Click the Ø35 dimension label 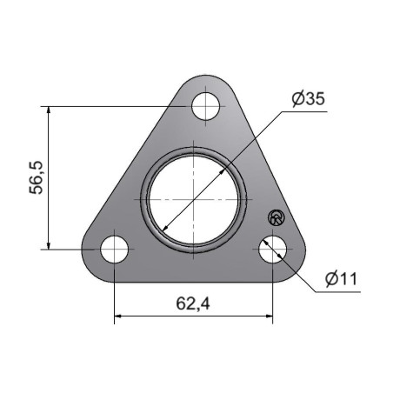pos(309,99)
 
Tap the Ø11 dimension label pos(341,279)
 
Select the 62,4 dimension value pos(193,303)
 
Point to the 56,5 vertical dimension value pos(37,177)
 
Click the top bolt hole pos(205,106)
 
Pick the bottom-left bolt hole pos(115,250)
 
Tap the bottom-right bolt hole pos(272,250)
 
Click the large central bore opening pos(193,200)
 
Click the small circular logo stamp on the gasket pos(276,217)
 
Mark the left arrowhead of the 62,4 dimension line pos(117,316)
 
